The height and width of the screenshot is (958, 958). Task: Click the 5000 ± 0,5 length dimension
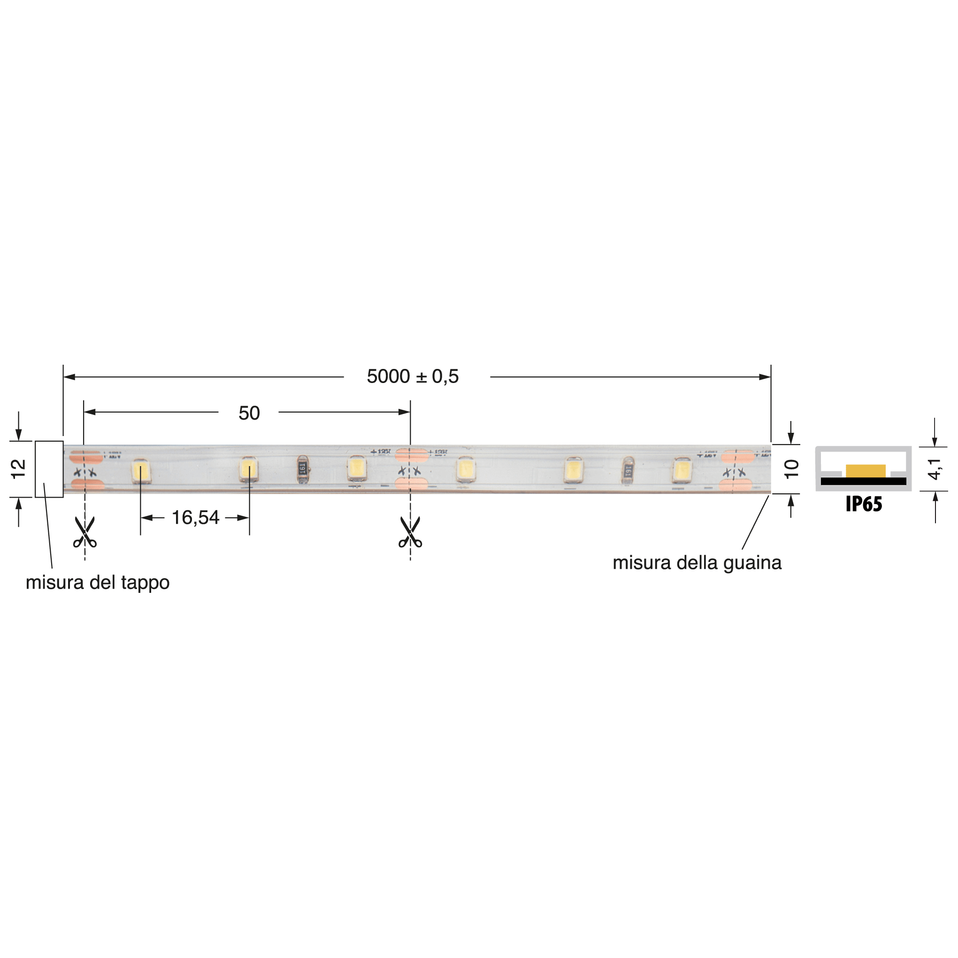click(413, 377)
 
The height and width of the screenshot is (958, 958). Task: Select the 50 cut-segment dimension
click(249, 413)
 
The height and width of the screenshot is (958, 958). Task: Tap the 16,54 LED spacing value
click(195, 518)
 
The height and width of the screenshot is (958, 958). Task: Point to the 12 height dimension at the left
click(18, 468)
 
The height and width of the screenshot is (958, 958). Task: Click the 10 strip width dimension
click(791, 468)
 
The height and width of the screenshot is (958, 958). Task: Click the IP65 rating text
click(864, 504)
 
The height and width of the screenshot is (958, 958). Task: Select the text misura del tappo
click(98, 582)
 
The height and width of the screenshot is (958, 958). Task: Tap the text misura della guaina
click(697, 563)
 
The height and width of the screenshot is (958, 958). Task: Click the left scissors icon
click(85, 532)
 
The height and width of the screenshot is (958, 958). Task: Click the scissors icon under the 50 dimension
click(410, 532)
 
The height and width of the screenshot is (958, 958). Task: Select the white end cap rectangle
click(49, 469)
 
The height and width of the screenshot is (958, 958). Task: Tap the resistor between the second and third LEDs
click(302, 469)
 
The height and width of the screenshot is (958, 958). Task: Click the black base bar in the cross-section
click(863, 481)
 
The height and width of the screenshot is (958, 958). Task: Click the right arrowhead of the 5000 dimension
click(765, 377)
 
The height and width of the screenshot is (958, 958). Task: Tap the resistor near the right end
click(628, 470)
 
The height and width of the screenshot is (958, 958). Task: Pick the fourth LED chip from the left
click(465, 469)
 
